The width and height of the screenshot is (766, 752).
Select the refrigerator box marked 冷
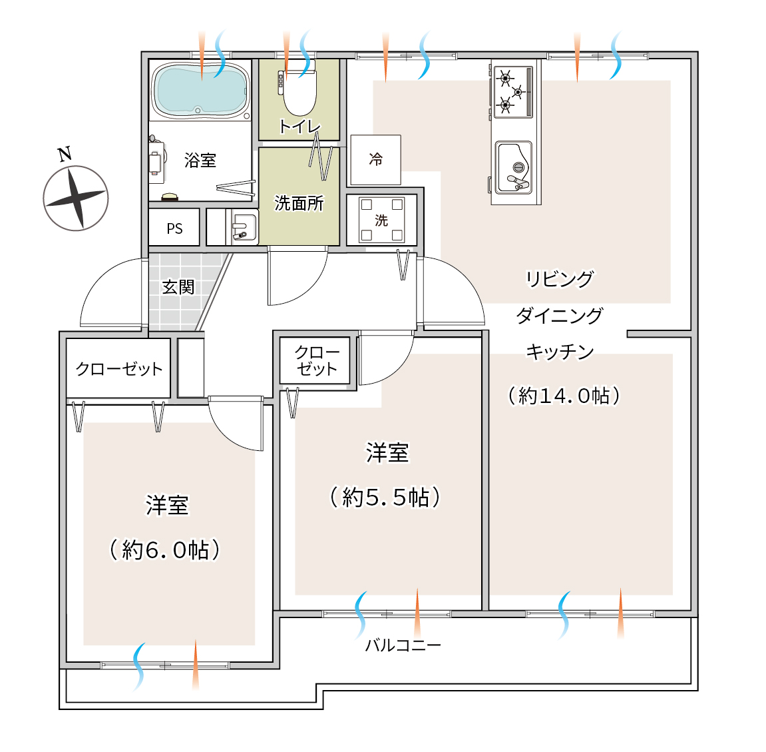pyautogui.click(x=375, y=160)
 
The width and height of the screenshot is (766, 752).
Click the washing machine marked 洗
pyautogui.click(x=381, y=220)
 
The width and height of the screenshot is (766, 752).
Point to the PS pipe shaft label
pyautogui.click(x=174, y=228)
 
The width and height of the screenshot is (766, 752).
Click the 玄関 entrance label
pyautogui.click(x=178, y=287)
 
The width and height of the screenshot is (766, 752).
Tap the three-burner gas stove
pyautogui.click(x=513, y=92)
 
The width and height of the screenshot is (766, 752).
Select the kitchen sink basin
pyautogui.click(x=513, y=167)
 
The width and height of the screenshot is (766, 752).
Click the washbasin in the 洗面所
pyautogui.click(x=244, y=228)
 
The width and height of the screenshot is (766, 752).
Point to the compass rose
pyautogui.click(x=76, y=198)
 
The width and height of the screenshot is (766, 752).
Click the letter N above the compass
pyautogui.click(x=65, y=154)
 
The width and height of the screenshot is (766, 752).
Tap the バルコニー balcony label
pyautogui.click(x=403, y=645)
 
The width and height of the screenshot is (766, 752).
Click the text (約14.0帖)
pyautogui.click(x=564, y=396)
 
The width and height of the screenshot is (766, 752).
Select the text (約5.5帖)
pyautogui.click(x=385, y=498)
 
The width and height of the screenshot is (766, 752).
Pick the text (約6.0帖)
pyautogui.click(x=164, y=550)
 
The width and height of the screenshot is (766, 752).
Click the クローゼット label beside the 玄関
pyautogui.click(x=118, y=368)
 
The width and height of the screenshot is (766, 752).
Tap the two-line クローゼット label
pyautogui.click(x=317, y=361)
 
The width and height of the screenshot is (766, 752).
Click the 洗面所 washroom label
pyautogui.click(x=299, y=203)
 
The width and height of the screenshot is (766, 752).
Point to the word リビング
pyautogui.click(x=559, y=278)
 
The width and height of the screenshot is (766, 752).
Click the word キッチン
pyautogui.click(x=560, y=352)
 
